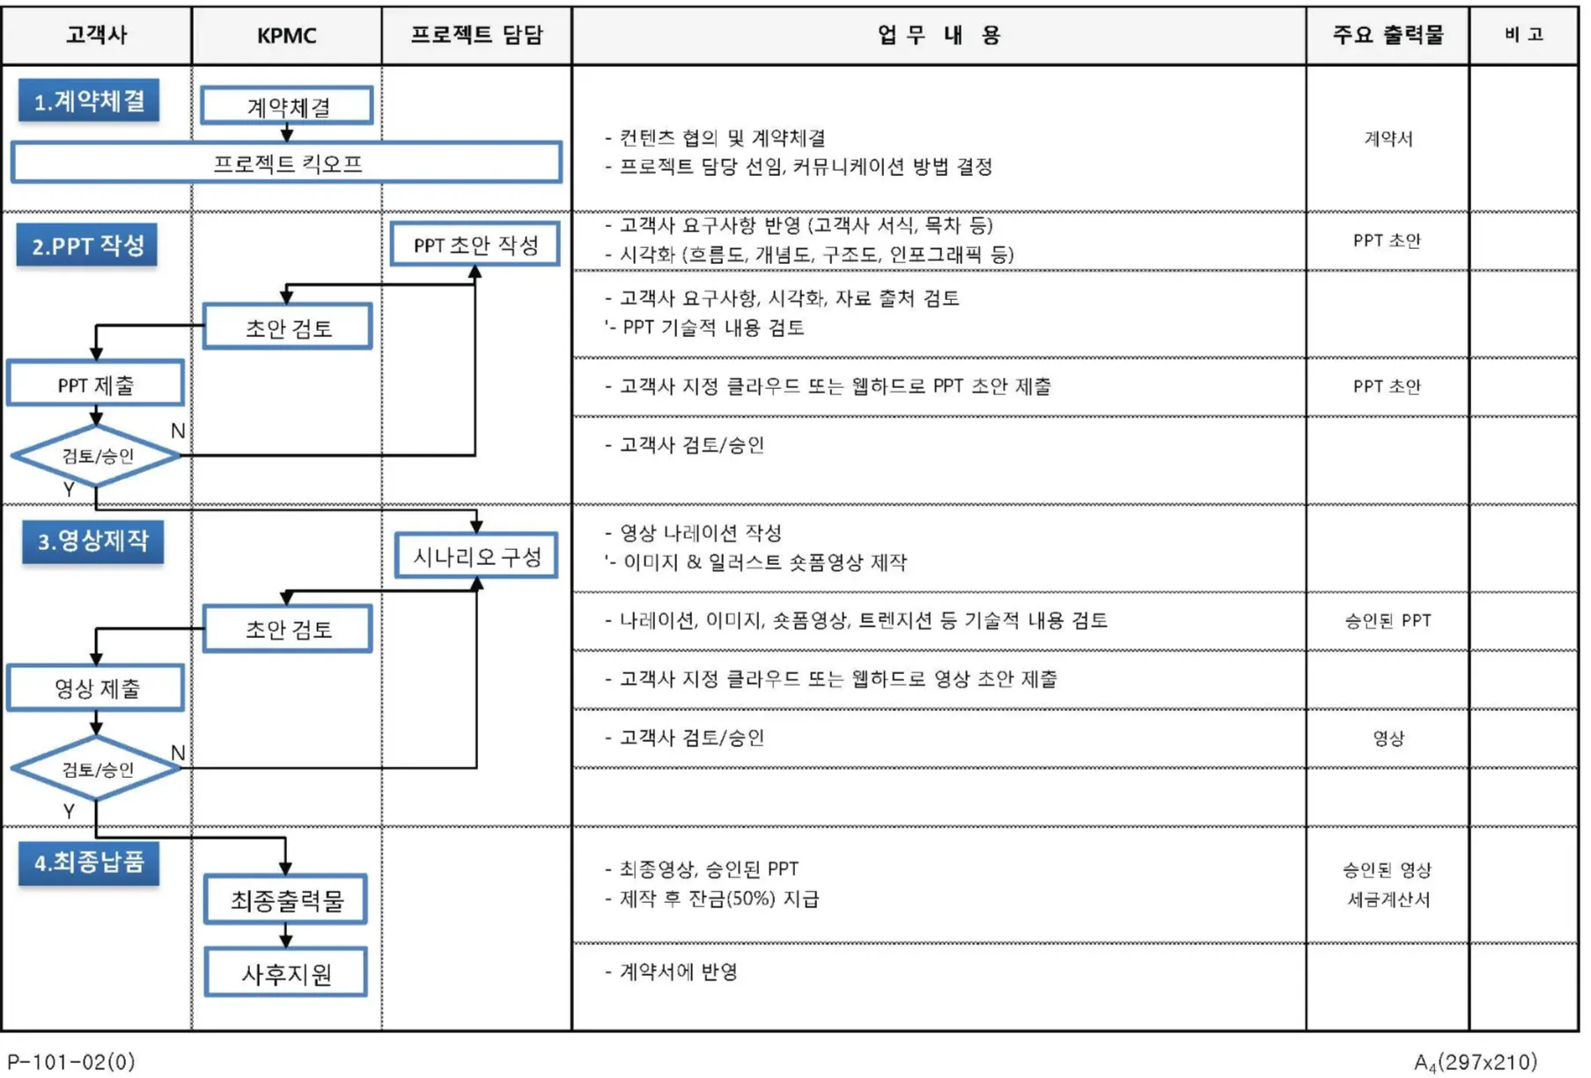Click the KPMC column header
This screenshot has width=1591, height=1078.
[286, 35]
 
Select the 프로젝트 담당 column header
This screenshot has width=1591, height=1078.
[476, 35]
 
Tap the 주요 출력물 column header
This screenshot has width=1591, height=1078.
[1387, 35]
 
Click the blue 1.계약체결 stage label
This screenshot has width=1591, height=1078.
[89, 101]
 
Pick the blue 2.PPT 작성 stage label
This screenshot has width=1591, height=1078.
[87, 246]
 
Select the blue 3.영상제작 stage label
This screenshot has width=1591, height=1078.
[92, 541]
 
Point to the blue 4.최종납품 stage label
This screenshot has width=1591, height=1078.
[89, 862]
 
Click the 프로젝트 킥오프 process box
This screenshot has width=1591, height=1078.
[287, 163]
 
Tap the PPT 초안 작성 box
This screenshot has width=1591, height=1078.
[475, 245]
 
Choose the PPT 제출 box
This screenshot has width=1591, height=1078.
[96, 385]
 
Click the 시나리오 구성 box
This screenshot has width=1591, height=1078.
[476, 556]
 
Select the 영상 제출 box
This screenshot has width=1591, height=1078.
[96, 688]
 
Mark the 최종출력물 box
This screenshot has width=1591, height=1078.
[286, 900]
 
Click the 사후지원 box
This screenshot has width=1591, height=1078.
[286, 973]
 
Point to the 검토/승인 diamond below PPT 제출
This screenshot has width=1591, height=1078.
[96, 456]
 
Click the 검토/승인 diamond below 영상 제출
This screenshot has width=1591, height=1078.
[96, 769]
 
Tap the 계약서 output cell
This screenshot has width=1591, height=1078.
[1388, 138]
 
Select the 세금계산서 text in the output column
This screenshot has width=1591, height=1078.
[1388, 899]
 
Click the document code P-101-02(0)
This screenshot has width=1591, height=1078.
[71, 1061]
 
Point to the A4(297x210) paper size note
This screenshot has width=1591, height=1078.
[1475, 1062]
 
